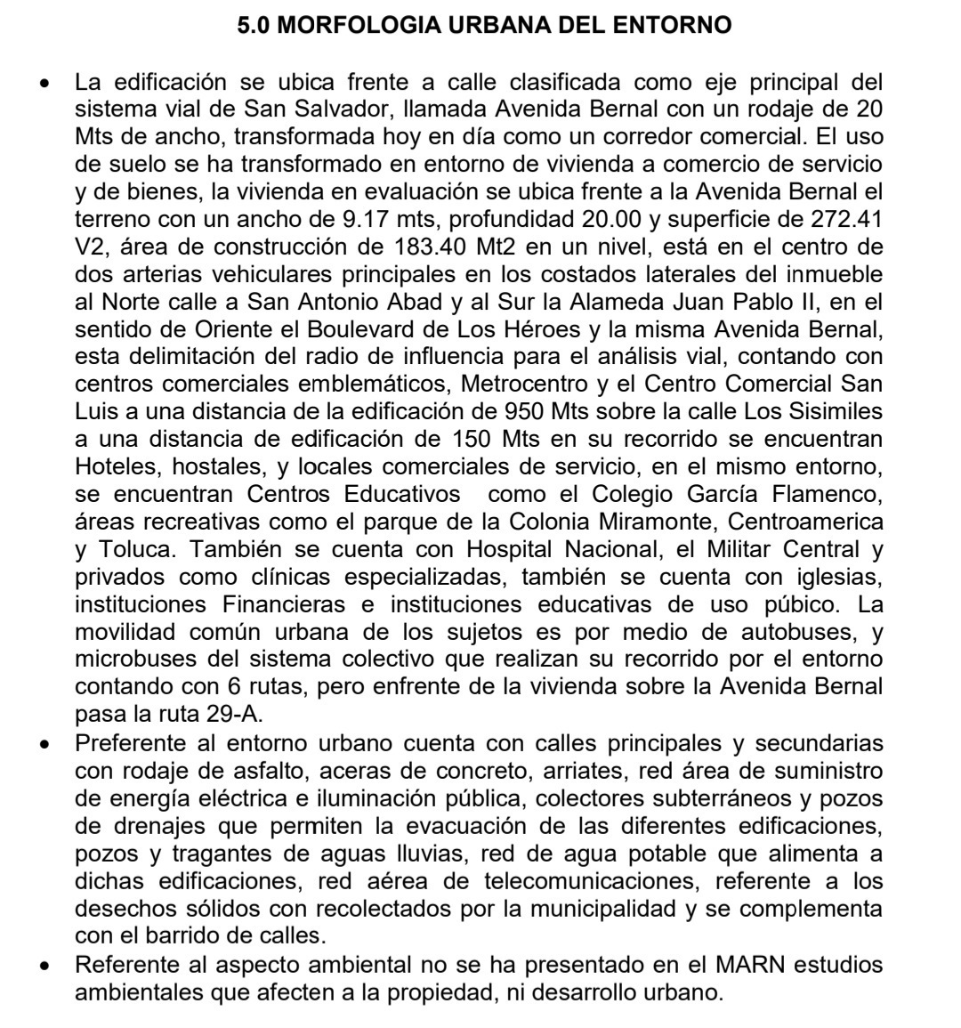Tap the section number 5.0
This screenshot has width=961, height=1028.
(x=259, y=26)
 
